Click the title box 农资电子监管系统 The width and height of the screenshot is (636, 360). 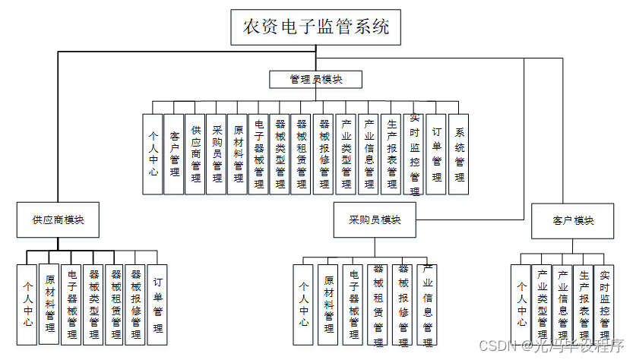point(315,27)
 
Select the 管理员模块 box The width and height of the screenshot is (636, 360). point(315,79)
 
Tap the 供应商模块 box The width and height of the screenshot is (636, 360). point(58,219)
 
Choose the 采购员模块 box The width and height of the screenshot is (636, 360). point(375,219)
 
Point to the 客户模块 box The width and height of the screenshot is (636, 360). point(573,220)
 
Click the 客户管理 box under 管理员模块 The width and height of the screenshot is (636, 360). point(175,154)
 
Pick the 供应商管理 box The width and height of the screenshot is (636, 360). point(196,154)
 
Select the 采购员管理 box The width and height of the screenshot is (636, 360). point(217,154)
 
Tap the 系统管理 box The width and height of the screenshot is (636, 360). point(459,154)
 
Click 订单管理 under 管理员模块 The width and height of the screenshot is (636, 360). point(436,154)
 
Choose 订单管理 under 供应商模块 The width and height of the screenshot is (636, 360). point(157,303)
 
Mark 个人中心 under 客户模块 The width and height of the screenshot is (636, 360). point(521,304)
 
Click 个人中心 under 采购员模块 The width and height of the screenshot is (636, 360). point(304,304)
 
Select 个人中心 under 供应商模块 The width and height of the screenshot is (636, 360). point(27,304)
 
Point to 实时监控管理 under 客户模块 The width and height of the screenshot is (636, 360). point(603,304)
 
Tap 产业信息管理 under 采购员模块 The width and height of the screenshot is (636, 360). point(428,304)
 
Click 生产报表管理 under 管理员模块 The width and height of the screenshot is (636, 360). point(391,154)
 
